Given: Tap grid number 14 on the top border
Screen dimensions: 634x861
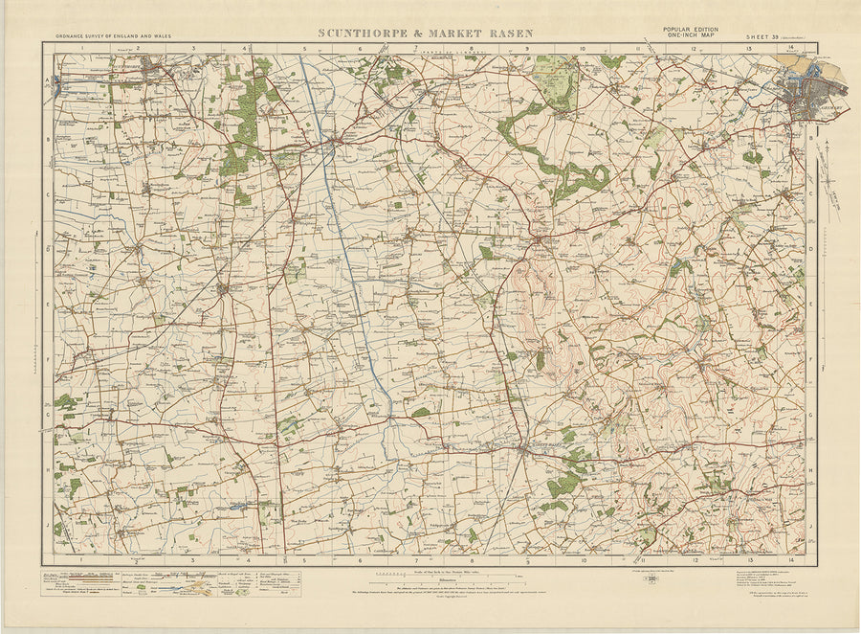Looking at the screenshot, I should (791, 47).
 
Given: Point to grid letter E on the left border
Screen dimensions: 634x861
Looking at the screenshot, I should (47, 306).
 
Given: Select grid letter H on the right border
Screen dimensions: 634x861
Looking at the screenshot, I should (811, 470).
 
